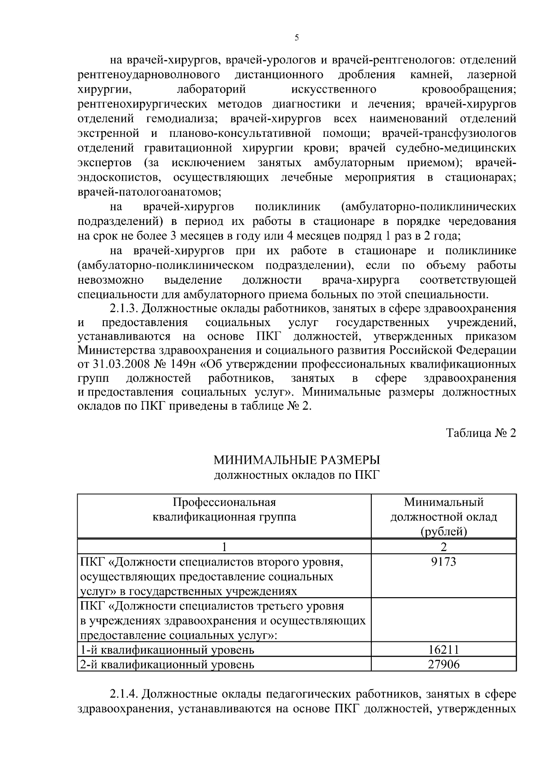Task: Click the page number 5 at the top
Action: [297, 38]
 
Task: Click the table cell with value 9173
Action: [444, 562]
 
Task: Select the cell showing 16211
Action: [444, 650]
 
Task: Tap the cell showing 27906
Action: [444, 664]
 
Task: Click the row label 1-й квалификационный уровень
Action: [167, 650]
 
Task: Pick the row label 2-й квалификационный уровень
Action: [167, 665]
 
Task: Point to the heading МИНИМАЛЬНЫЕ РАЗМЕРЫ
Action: [297, 460]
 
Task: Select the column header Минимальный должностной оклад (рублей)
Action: [444, 516]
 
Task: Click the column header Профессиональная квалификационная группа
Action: [224, 510]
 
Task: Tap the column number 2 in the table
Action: [444, 547]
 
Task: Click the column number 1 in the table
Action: [224, 547]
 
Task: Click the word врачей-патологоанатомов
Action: [149, 192]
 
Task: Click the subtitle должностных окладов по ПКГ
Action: [297, 475]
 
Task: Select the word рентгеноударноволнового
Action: [149, 74]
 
